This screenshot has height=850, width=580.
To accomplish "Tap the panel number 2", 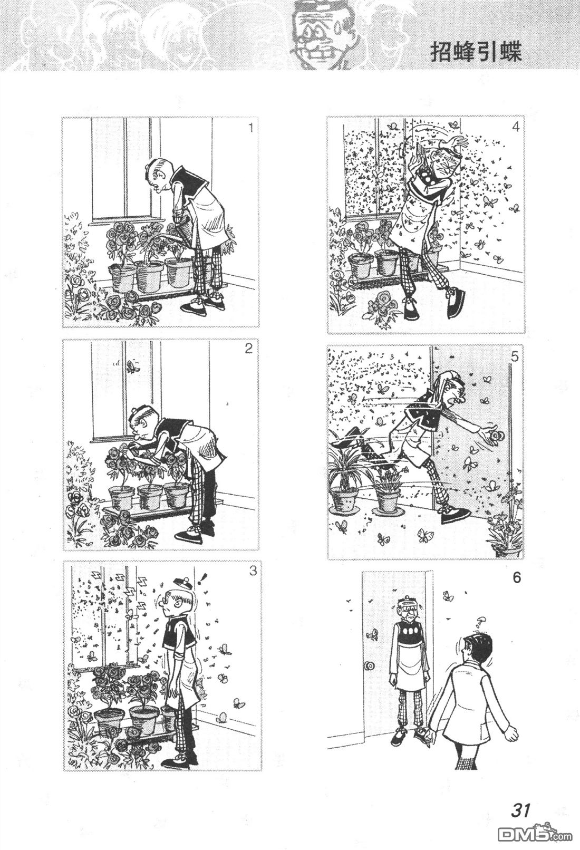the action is point(249,349).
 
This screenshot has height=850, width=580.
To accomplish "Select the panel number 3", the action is point(253,571).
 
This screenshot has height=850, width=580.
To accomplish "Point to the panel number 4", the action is point(515,127).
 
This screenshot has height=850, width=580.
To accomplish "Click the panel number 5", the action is point(515,357).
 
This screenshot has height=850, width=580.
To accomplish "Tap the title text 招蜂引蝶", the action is point(476,52).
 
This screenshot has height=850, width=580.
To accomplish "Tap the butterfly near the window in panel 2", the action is point(131,366).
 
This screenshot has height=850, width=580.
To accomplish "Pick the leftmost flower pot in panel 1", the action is point(122,277).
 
